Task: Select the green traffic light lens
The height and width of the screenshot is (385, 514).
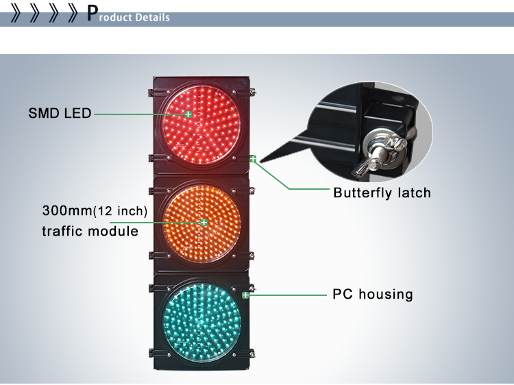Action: [x=199, y=321]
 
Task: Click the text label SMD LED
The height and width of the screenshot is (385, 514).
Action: [x=60, y=113]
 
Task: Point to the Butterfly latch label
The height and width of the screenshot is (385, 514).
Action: [x=382, y=192]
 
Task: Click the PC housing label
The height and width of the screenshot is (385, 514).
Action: [x=372, y=295]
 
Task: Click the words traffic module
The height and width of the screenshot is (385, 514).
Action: [x=90, y=231]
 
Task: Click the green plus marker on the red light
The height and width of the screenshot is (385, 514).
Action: [x=188, y=114]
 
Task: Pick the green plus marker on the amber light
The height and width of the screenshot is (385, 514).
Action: [x=204, y=222]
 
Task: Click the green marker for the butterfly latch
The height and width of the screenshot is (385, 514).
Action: [x=253, y=159]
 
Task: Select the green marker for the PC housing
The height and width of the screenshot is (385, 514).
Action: [x=245, y=295]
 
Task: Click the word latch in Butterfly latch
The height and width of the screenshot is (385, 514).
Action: [x=413, y=192]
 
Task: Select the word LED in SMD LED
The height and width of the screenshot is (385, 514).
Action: [x=77, y=113]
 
